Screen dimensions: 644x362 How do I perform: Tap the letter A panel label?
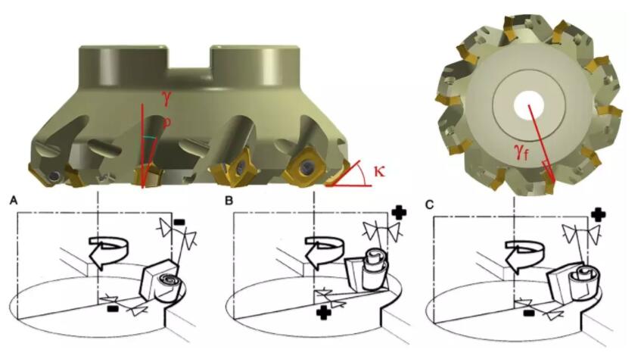14,201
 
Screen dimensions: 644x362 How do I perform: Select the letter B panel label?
229,201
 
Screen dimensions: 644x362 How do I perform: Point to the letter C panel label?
430,204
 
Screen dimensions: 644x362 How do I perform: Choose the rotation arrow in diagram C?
524,254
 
